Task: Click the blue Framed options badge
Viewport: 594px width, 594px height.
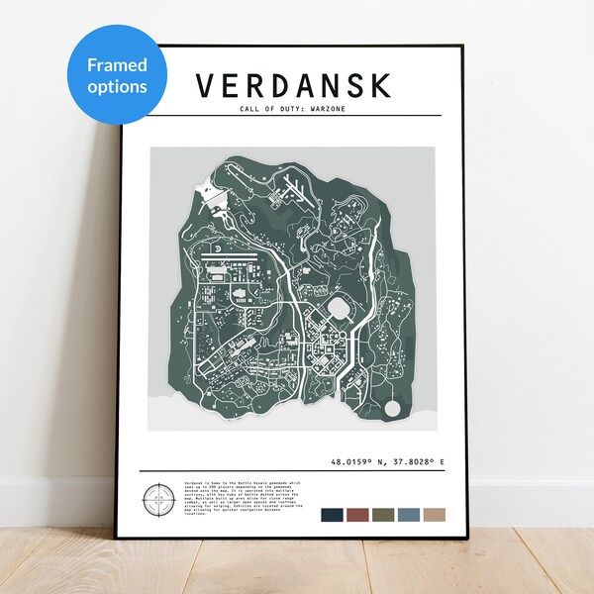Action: point(116,75)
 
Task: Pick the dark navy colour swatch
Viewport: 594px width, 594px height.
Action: point(333,516)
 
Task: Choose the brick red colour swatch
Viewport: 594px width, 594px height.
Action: point(357,516)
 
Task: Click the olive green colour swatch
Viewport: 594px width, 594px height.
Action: point(382,516)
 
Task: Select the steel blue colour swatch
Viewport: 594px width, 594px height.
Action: point(408,516)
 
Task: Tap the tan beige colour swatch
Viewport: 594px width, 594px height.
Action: point(433,516)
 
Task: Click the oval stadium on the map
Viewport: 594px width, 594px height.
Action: point(341,309)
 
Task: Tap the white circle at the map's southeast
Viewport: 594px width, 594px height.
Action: point(393,408)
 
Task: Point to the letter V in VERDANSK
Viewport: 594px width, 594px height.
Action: point(205,86)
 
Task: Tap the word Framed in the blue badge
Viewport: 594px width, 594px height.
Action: point(117,65)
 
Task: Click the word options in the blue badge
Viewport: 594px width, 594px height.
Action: point(117,86)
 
